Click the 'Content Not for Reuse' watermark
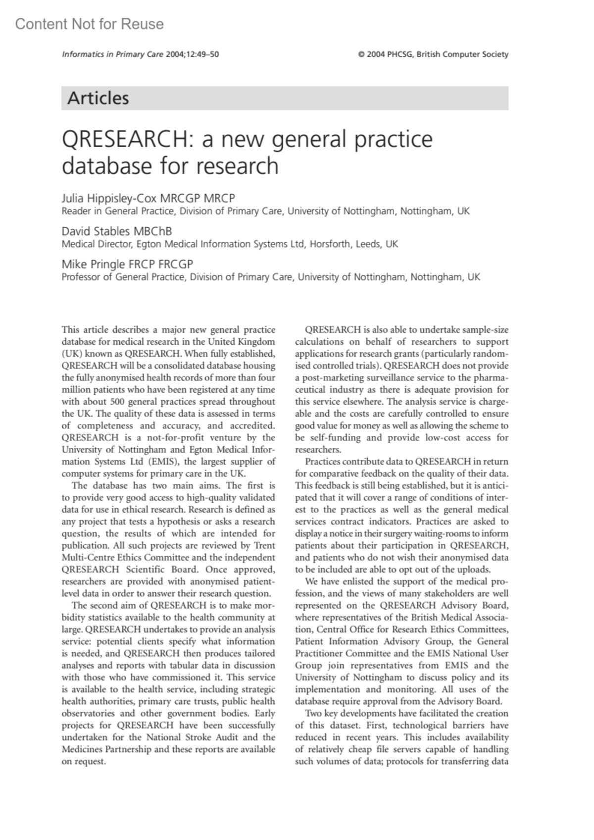[89, 24]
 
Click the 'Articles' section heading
[98, 98]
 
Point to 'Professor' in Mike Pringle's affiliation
[81, 277]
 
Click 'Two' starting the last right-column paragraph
[313, 713]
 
